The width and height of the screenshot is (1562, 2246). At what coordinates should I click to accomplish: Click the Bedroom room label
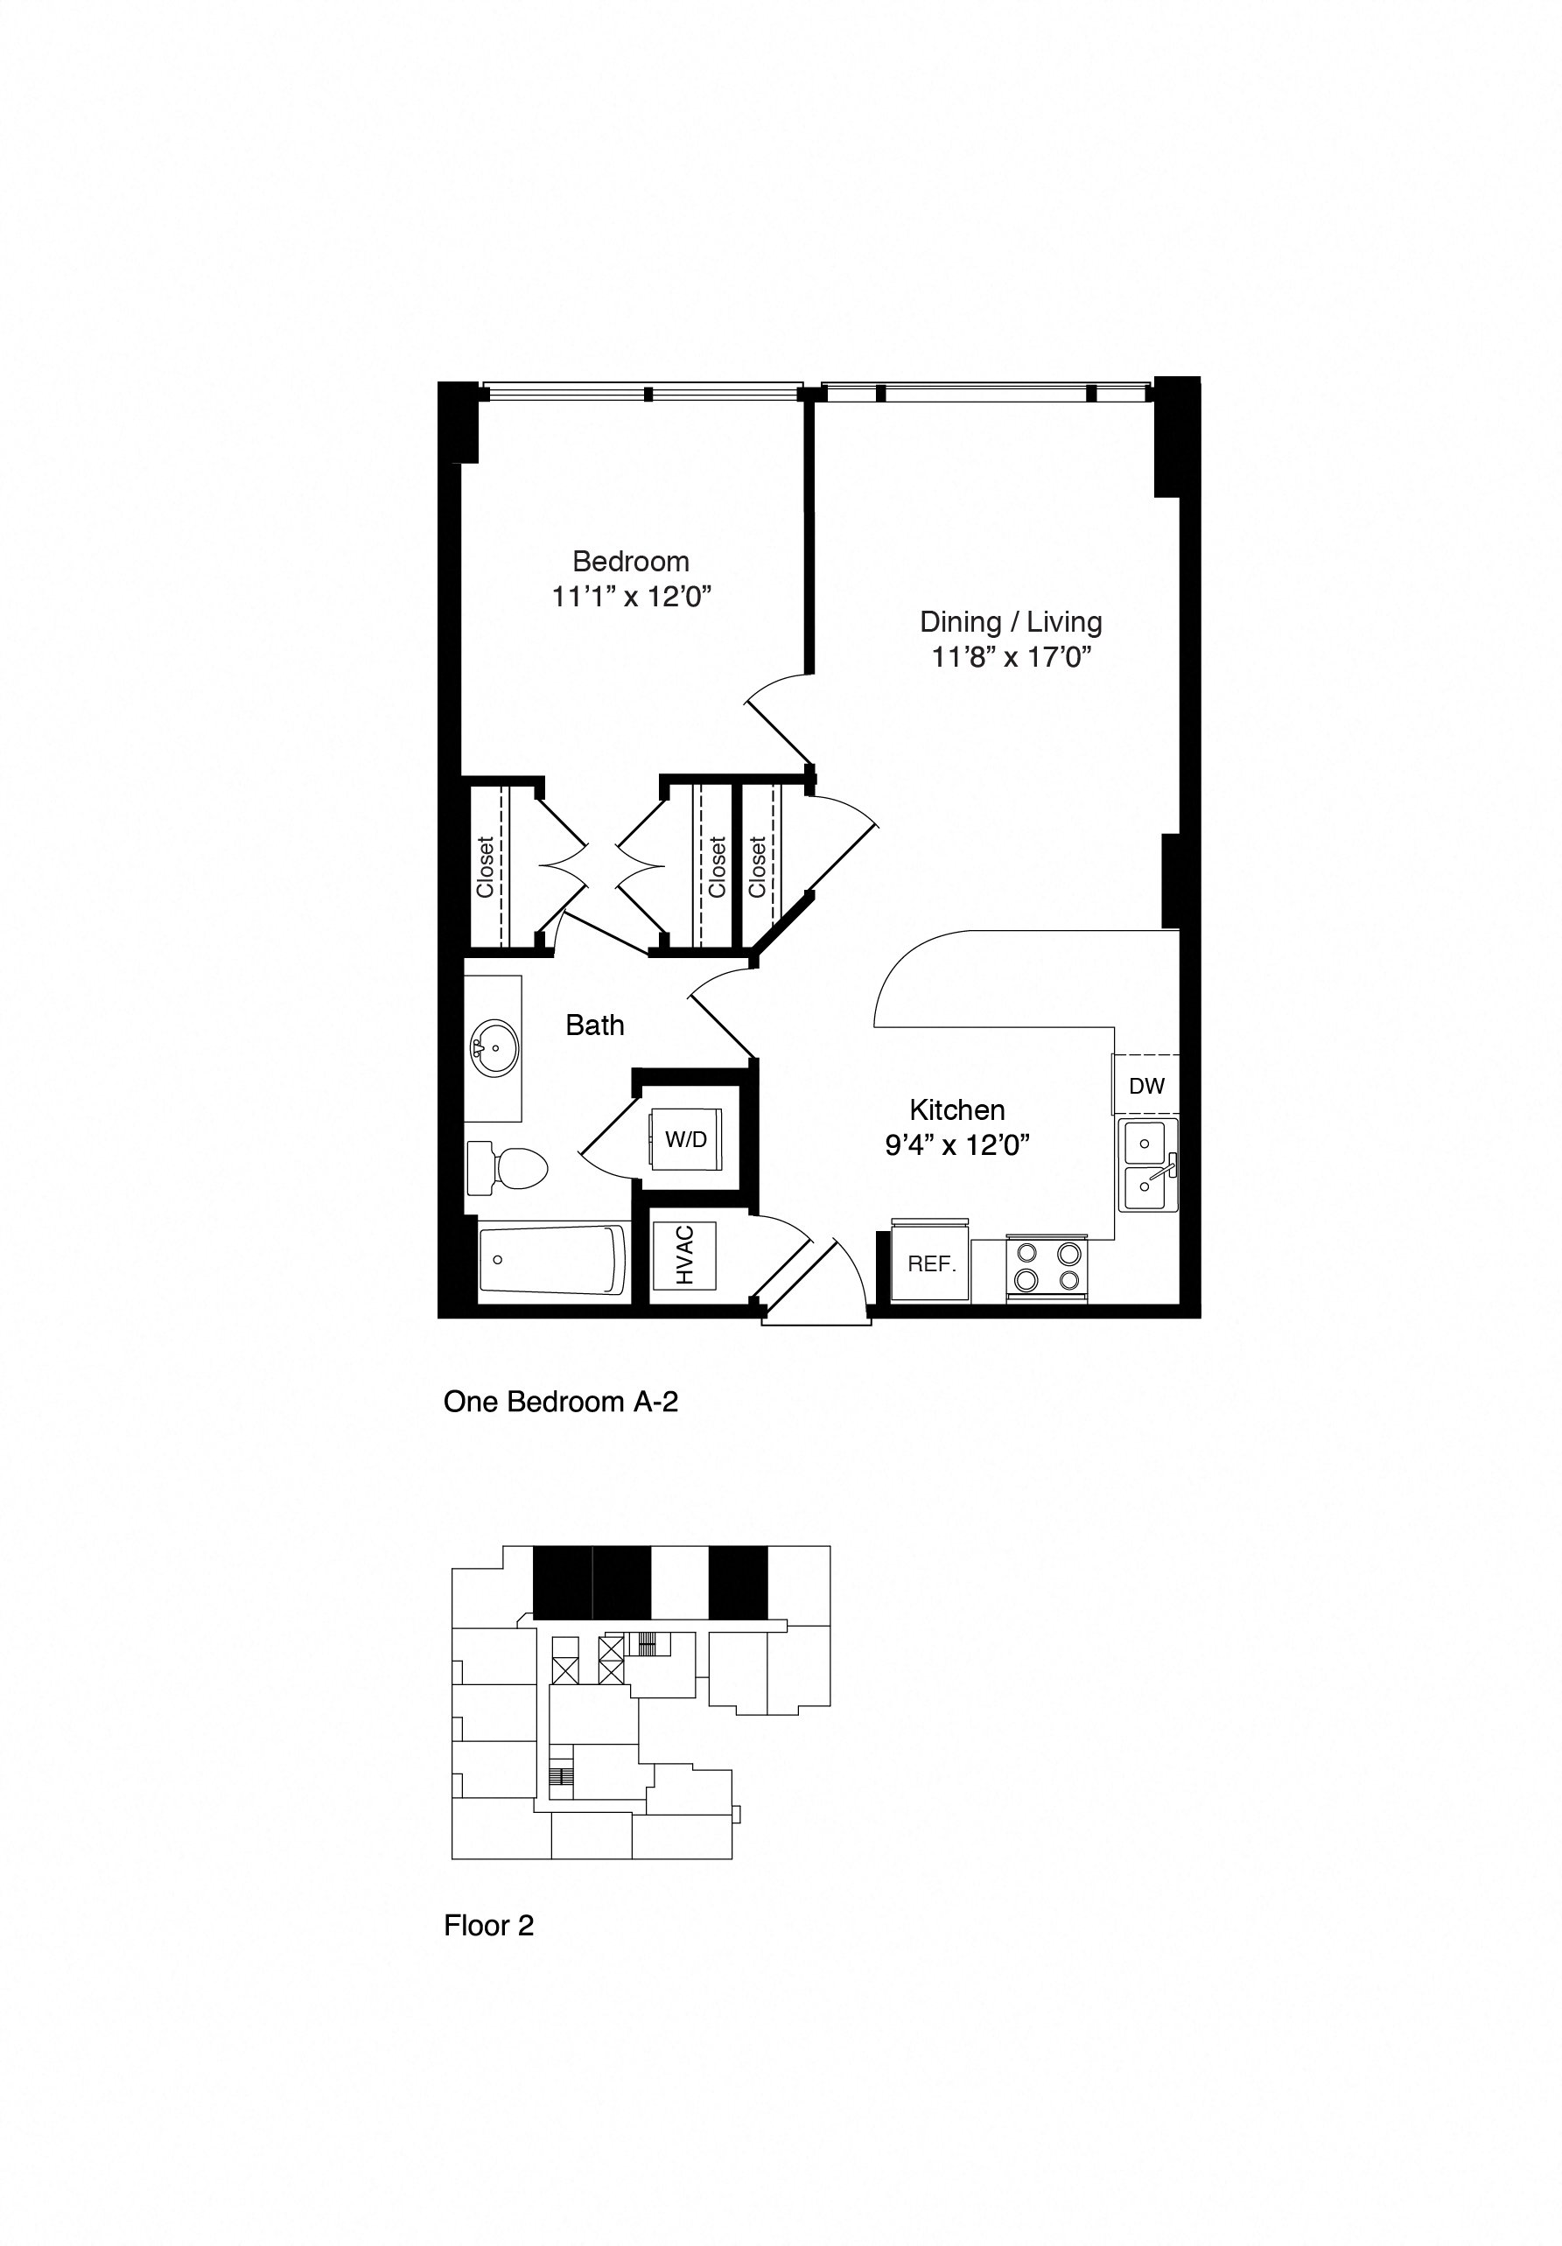630,562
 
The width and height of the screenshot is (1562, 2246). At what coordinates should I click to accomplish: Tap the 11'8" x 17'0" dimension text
1011,656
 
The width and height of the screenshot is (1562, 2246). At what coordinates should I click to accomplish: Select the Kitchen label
956,1109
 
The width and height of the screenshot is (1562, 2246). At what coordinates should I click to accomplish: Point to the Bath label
595,1025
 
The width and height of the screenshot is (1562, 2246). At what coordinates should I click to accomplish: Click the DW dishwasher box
1146,1085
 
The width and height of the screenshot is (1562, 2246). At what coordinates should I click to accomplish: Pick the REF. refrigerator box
930,1263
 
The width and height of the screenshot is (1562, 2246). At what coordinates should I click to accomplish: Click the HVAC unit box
683,1256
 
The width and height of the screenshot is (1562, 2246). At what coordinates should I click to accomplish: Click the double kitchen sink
1148,1166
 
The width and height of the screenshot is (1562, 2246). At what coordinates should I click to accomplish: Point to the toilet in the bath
508,1167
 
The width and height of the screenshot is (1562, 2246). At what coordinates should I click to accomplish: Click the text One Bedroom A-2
560,1402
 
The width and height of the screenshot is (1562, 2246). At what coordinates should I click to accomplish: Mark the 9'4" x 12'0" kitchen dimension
956,1145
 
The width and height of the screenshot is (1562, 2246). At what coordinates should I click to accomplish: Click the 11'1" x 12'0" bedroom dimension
630,597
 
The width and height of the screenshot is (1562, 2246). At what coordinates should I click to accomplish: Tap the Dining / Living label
1011,622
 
